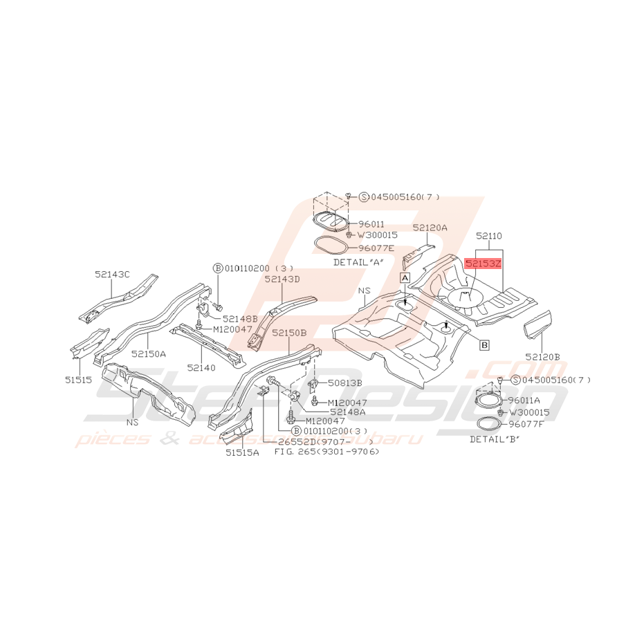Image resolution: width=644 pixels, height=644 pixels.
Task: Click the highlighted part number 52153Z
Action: pos(483,264)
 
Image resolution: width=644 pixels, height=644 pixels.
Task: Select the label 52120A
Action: pos(430,227)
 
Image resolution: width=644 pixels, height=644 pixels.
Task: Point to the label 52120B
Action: pos(543,357)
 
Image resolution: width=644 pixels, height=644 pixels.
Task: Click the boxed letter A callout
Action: pos(405,277)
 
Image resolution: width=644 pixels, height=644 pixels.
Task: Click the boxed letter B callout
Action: pos(484,344)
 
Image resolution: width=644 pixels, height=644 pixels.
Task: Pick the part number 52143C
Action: pos(113,274)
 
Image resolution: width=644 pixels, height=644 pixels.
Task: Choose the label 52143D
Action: pos(282,279)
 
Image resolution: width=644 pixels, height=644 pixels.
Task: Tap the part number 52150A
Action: pos(149,353)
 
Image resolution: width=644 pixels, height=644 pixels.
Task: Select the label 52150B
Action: pos(288,333)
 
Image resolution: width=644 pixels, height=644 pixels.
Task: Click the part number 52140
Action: pos(201,367)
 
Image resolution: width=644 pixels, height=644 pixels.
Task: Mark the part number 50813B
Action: pos(345,383)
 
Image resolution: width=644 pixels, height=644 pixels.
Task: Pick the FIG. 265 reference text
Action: pos(326,452)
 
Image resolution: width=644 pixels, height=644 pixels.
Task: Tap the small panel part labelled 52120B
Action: pos(537,324)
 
